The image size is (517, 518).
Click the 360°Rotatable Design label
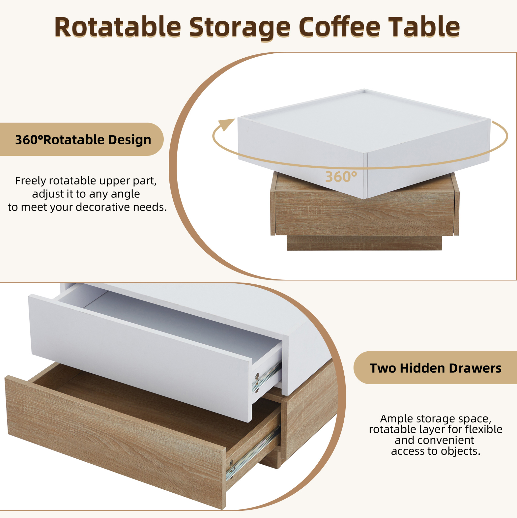[x=83, y=140]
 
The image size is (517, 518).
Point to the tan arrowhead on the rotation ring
[x=225, y=125]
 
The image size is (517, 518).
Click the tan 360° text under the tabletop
[x=341, y=177]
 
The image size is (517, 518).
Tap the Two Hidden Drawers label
[x=435, y=368]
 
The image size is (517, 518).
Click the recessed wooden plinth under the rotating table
[x=364, y=243]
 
